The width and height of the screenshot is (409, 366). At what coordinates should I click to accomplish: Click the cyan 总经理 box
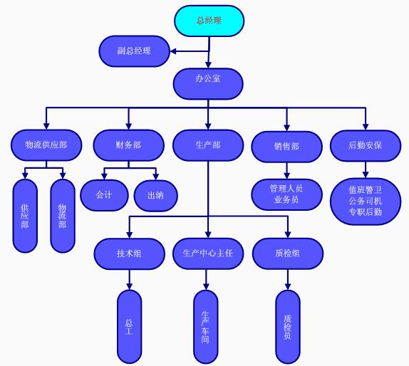click(x=209, y=21)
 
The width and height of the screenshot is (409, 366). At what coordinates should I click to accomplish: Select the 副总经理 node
click(x=135, y=51)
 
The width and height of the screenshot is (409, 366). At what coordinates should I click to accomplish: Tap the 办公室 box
click(x=208, y=84)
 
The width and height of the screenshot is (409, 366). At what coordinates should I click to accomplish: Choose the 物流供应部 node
click(x=46, y=145)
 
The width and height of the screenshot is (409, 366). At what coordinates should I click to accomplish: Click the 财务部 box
click(x=128, y=145)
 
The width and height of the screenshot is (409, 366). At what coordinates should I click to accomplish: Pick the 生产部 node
click(x=208, y=145)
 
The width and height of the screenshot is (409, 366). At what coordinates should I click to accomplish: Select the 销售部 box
click(x=287, y=147)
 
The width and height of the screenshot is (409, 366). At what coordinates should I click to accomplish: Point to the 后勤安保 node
click(x=366, y=146)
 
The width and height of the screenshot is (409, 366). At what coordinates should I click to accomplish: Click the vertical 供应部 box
click(x=25, y=216)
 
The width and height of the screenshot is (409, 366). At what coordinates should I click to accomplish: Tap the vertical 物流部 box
click(x=63, y=216)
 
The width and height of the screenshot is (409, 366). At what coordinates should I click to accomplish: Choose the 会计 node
click(x=104, y=195)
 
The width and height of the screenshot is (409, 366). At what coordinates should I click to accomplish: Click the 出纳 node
click(x=156, y=196)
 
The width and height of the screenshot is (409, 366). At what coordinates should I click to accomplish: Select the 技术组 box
click(x=130, y=253)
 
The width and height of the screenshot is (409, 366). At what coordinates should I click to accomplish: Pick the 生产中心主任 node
click(x=208, y=253)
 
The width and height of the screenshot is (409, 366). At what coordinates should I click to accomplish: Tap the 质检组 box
click(x=288, y=253)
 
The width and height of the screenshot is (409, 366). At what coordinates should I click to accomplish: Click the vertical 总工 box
click(x=130, y=327)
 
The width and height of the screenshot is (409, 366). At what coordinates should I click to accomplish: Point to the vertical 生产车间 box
click(x=206, y=327)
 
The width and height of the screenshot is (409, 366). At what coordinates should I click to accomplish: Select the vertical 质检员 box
click(x=288, y=327)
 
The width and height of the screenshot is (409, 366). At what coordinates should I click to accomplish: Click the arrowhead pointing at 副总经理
click(x=173, y=51)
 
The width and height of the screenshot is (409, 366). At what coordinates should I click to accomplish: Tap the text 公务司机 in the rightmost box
click(x=365, y=201)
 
